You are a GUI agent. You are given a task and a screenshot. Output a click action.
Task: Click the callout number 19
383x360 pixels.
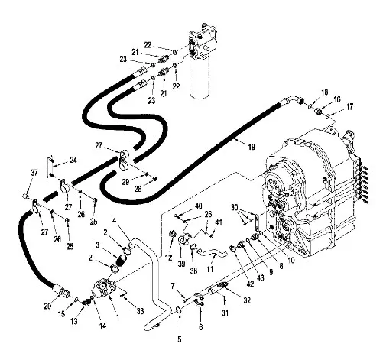(252, 147)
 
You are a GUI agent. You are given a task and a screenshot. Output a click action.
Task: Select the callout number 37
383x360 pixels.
(34, 173)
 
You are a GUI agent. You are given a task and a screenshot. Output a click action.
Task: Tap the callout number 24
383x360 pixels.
(73, 160)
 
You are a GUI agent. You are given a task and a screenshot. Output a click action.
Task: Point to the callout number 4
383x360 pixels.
(115, 220)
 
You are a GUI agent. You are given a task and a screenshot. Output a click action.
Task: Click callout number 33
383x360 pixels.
(140, 311)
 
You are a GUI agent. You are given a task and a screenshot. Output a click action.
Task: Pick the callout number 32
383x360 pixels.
(247, 300)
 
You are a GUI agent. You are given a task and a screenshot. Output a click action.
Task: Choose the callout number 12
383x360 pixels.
(169, 258)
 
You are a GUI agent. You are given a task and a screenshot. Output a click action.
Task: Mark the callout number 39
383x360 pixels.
(181, 264)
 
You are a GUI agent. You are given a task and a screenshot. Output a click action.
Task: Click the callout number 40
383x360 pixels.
(199, 206)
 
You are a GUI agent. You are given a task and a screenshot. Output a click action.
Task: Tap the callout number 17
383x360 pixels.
(350, 107)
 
